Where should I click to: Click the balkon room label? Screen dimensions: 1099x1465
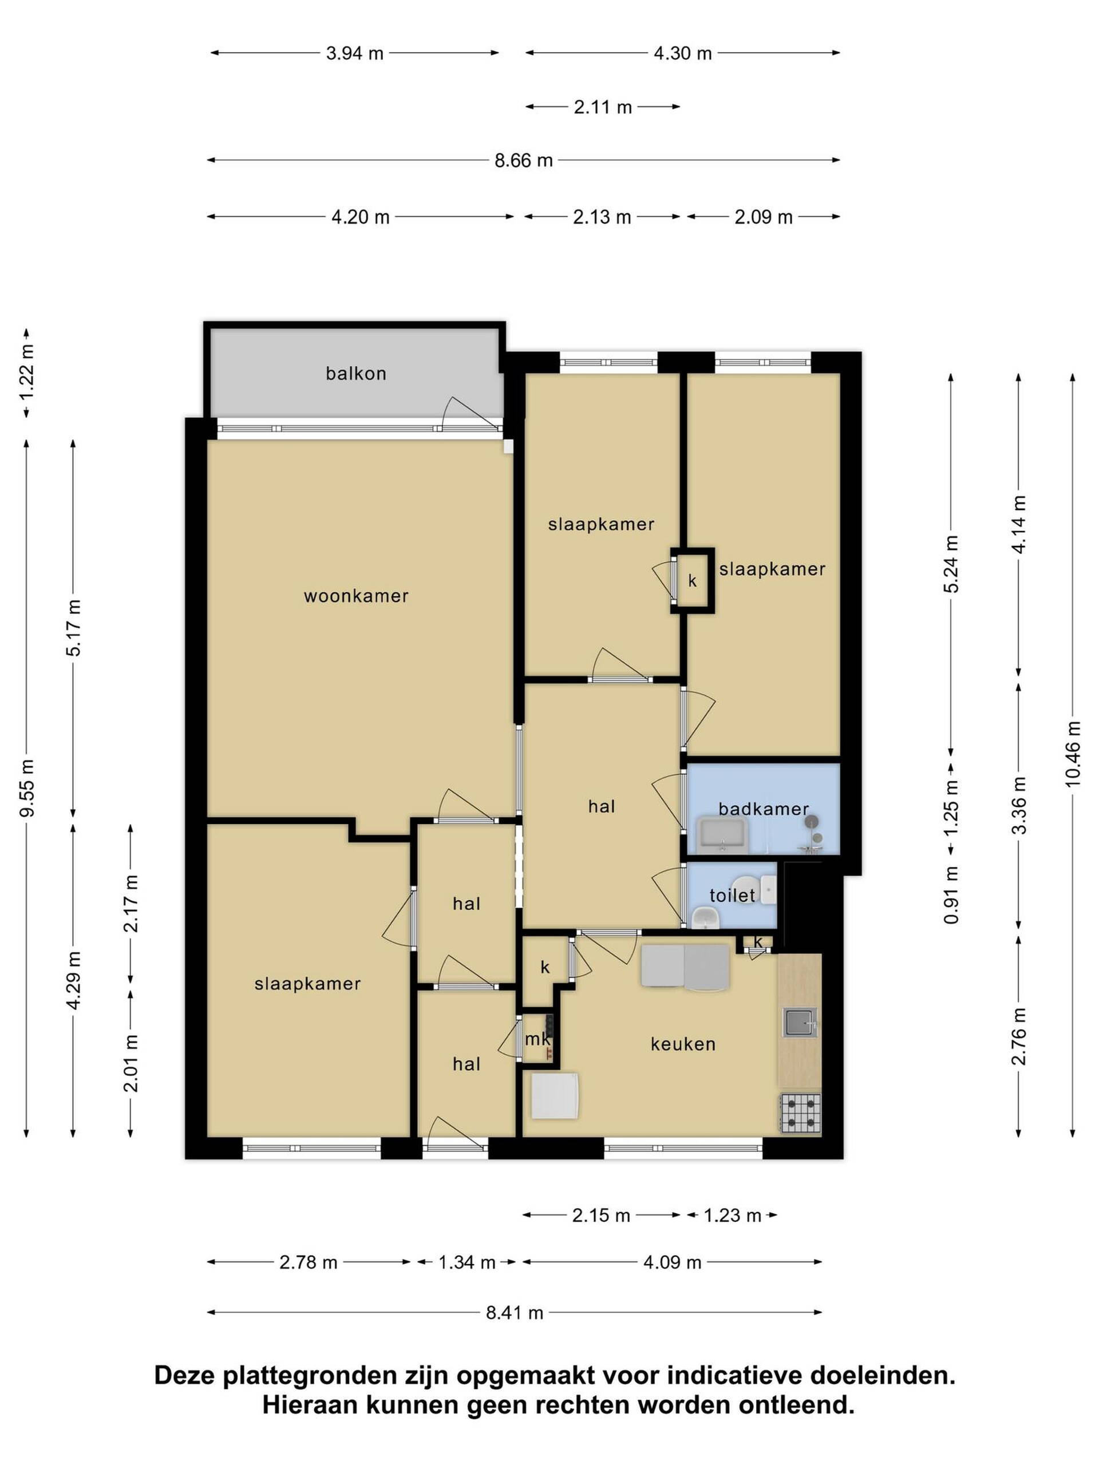[x=355, y=374]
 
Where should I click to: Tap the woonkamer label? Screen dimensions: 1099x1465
[x=355, y=596]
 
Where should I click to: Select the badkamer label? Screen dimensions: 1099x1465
[x=763, y=809]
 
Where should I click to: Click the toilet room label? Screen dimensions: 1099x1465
[x=732, y=896]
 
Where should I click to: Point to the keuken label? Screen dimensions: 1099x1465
[x=683, y=1044]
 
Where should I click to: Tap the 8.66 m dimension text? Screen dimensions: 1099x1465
[x=523, y=160]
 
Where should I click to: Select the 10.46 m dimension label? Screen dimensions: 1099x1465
[x=1073, y=754]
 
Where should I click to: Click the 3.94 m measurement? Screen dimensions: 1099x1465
[x=354, y=53]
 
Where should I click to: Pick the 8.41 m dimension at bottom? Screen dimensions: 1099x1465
[x=515, y=1313]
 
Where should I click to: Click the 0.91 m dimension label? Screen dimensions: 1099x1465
[x=951, y=895]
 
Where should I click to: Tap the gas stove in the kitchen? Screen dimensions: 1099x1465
[x=800, y=1112]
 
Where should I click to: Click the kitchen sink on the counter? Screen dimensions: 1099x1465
[x=800, y=1023]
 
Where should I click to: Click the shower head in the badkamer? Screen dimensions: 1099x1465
[x=812, y=822]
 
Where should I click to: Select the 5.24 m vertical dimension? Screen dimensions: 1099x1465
[x=951, y=564]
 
